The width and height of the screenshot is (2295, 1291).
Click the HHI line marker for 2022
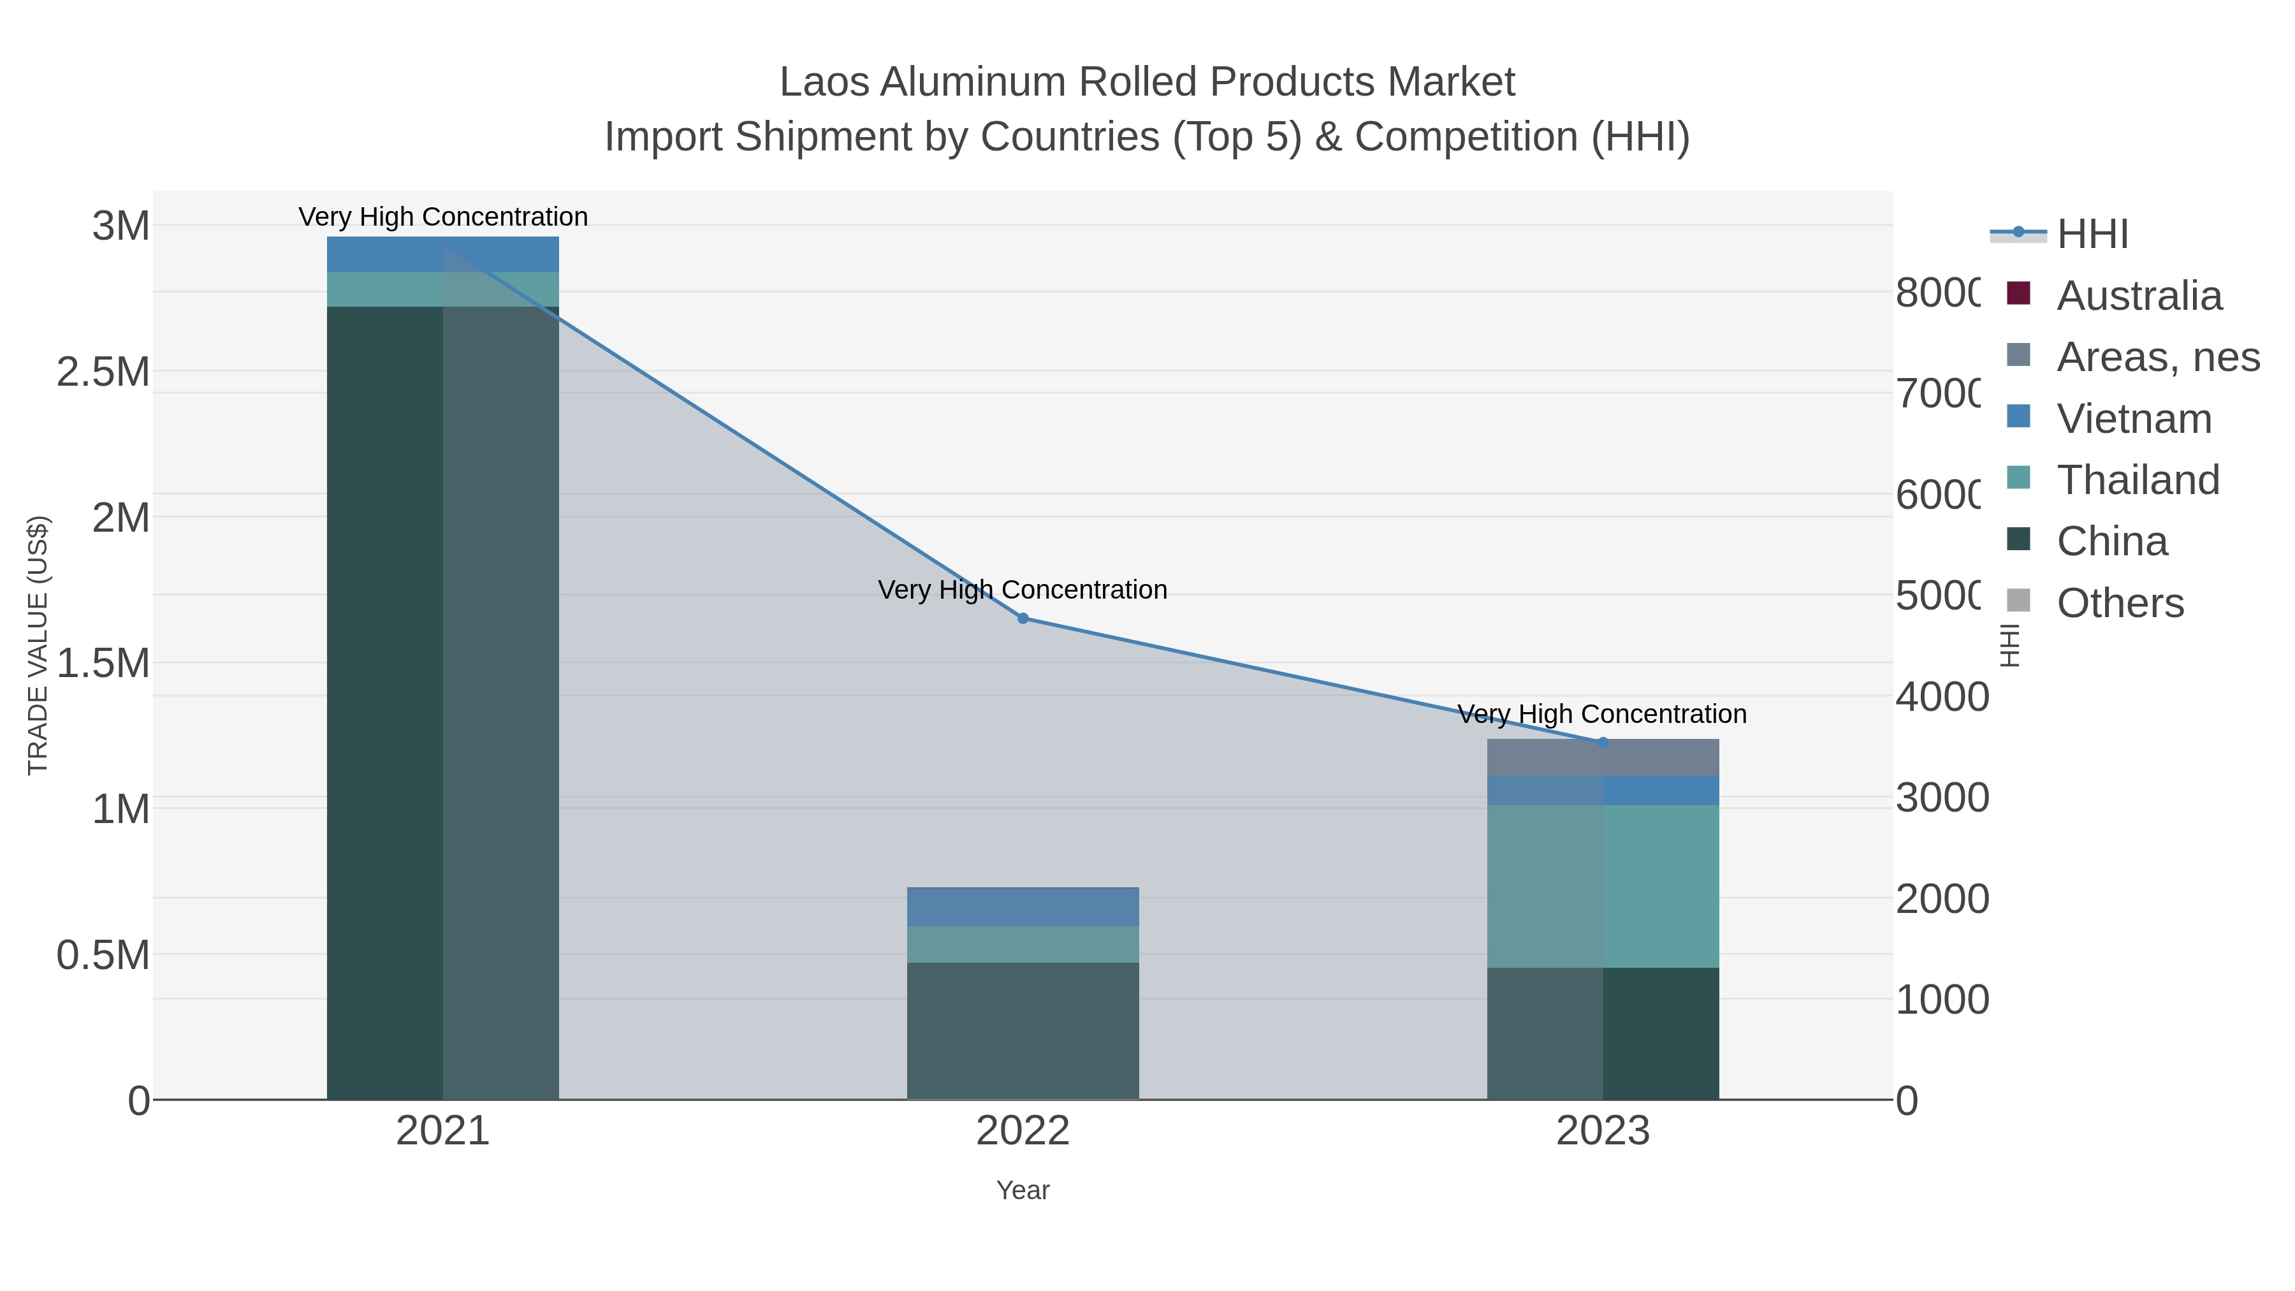(1023, 618)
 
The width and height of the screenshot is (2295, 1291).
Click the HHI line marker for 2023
(1602, 742)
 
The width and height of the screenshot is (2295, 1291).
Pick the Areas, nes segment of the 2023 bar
(1602, 758)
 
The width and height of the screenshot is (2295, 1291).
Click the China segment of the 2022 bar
(1023, 1030)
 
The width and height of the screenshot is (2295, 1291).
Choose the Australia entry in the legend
(2138, 296)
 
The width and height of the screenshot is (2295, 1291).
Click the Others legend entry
(2120, 603)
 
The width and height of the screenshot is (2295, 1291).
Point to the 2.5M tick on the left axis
(103, 372)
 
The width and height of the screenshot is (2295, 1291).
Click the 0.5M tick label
(103, 955)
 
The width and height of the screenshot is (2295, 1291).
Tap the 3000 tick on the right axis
(1941, 798)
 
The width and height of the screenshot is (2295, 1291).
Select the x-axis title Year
(1023, 1190)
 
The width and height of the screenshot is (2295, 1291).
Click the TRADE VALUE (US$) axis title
(38, 645)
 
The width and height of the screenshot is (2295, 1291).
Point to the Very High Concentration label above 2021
(443, 217)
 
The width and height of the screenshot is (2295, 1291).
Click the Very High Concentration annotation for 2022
(1023, 590)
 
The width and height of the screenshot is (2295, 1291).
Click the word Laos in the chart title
(824, 82)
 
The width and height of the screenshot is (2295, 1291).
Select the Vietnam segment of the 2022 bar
(1023, 907)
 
